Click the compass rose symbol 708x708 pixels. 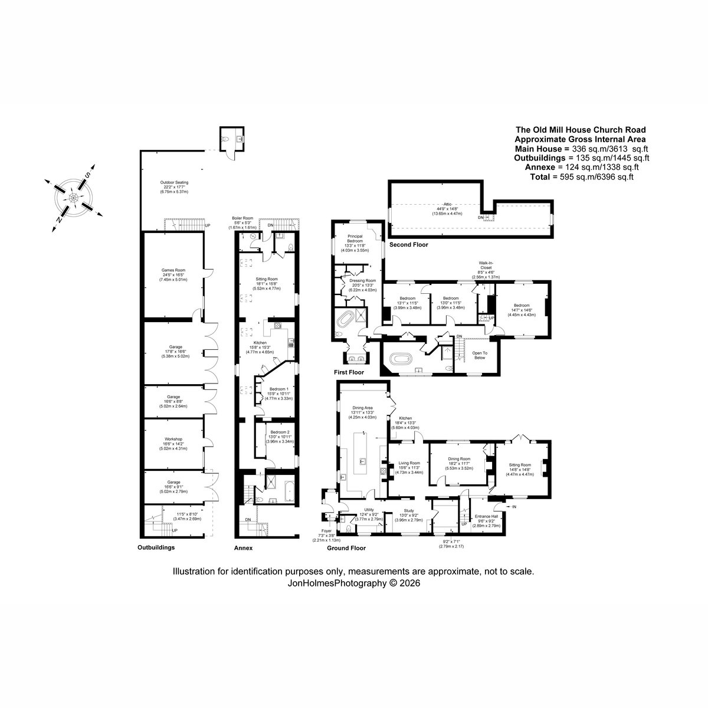tap(73, 196)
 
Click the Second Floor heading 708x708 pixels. tap(408, 244)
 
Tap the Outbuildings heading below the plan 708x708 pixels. tap(156, 548)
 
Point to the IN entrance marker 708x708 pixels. tap(513, 507)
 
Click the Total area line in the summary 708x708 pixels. tap(582, 176)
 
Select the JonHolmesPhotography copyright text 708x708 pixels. tap(353, 582)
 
